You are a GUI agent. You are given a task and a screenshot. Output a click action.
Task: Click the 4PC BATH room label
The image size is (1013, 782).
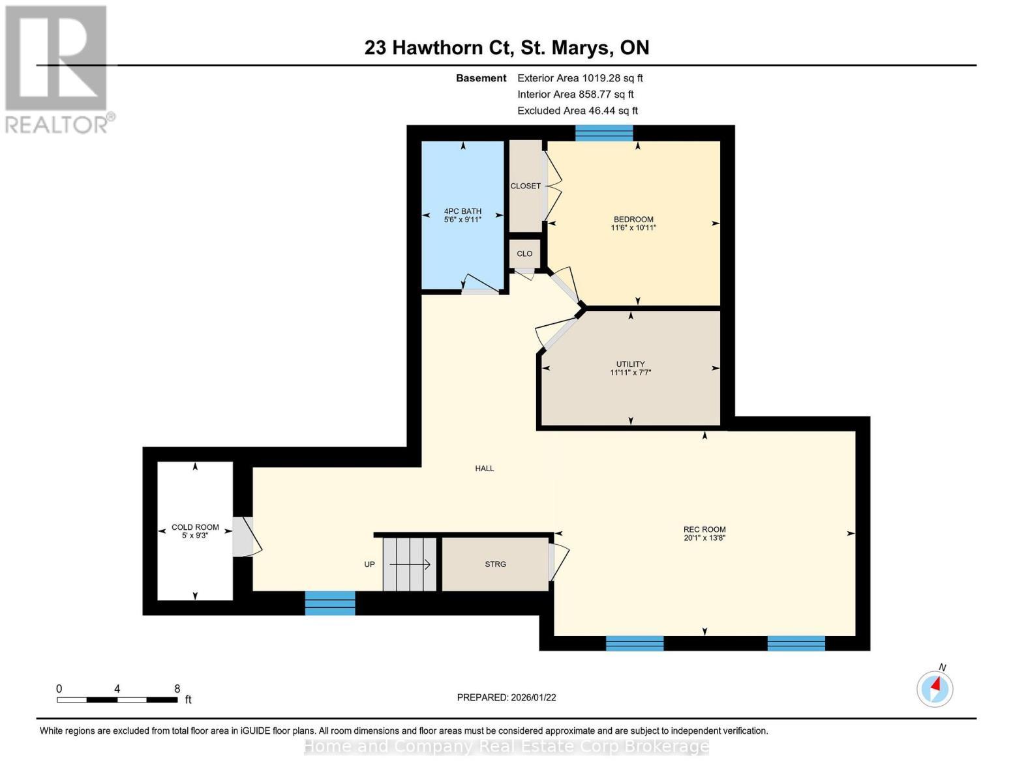coord(462,211)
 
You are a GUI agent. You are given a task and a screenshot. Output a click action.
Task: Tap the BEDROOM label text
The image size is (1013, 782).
coord(633,220)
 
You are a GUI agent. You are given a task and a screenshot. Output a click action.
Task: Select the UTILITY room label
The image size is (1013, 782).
coord(630,364)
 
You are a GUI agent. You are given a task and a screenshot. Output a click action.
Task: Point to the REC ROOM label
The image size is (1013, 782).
coord(704,530)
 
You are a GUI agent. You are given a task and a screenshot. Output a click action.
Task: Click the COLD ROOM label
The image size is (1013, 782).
coord(195,527)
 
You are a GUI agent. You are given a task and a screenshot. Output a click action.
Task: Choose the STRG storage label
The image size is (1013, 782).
coord(495,564)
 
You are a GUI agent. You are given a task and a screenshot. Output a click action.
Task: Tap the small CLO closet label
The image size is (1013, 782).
coord(524,254)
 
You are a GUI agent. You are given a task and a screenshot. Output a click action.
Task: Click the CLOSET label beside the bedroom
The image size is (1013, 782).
coord(525,186)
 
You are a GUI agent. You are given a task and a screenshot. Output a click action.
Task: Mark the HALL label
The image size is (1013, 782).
coord(485,469)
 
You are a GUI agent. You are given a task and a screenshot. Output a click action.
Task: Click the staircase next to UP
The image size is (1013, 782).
coord(409,564)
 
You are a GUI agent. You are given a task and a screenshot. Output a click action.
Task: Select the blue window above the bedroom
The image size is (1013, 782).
coord(604,133)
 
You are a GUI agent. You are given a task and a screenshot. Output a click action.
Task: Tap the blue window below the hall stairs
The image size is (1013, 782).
coord(329,603)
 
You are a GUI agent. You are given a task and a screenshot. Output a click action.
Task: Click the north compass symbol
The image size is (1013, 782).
coord(935,688)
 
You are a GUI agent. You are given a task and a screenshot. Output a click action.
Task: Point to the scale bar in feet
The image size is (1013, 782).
coord(117,699)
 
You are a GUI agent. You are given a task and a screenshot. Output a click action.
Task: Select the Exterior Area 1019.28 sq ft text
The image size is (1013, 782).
coord(580,78)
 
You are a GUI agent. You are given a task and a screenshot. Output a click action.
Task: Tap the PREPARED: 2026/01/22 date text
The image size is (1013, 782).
coord(506,697)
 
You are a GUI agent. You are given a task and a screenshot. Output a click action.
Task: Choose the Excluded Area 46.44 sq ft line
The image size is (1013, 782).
coord(577,111)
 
